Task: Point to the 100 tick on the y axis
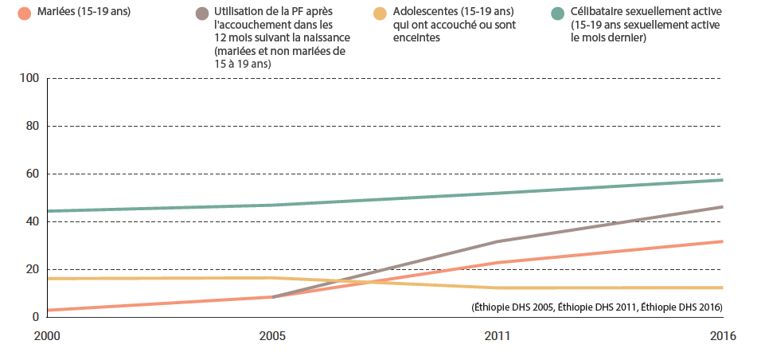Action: (x=31, y=78)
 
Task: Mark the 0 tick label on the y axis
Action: (x=36, y=317)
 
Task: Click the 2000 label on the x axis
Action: (x=46, y=336)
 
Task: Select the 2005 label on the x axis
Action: (x=272, y=336)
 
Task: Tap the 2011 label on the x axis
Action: (x=498, y=336)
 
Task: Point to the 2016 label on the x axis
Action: (x=723, y=336)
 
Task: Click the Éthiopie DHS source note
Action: (x=596, y=307)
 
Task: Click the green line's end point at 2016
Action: (x=722, y=180)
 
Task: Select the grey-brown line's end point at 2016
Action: (x=722, y=207)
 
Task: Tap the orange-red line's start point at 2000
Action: (x=48, y=310)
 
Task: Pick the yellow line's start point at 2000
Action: (x=48, y=279)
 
